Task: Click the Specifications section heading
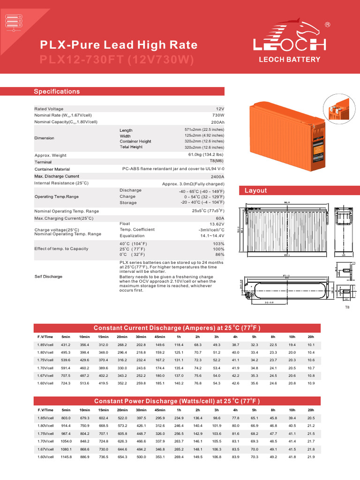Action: tap(57, 91)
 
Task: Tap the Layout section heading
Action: tap(255, 190)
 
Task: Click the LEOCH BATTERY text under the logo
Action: tap(290, 60)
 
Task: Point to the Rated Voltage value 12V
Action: tap(220, 109)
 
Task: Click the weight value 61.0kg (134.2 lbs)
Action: tap(206, 155)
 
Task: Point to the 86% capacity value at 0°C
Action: tap(219, 254)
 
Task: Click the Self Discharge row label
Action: tap(48, 277)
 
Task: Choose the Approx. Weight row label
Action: tap(51, 155)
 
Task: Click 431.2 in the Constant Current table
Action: tap(66, 345)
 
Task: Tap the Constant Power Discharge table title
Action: tap(177, 401)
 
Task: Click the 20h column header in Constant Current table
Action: tap(311, 337)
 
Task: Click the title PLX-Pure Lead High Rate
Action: tap(118, 45)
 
